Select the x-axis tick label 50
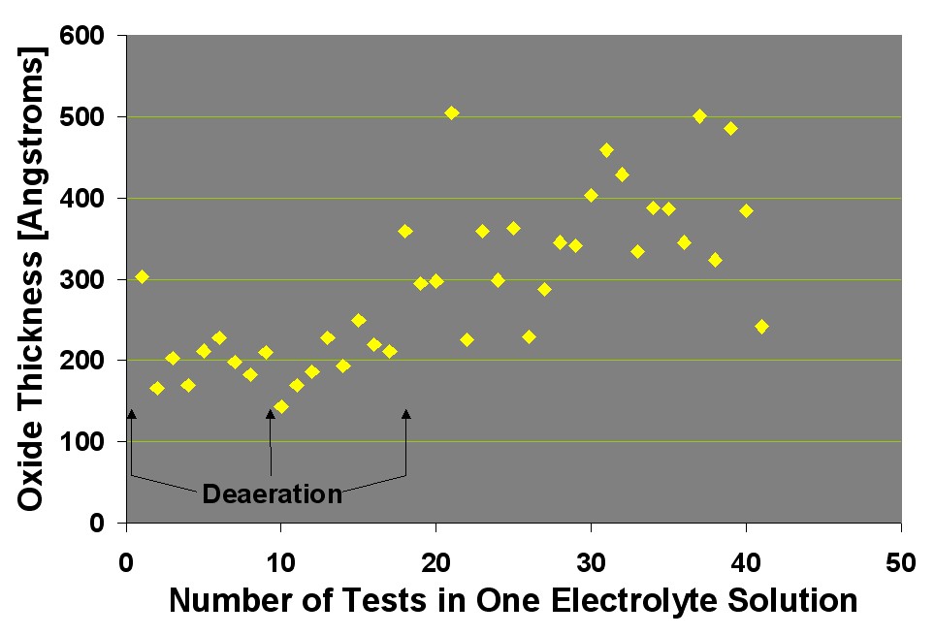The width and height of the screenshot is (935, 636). tap(901, 561)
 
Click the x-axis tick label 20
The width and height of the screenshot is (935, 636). tap(435, 561)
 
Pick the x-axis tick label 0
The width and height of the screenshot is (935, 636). tap(126, 561)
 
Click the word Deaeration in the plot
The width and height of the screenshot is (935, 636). tap(272, 494)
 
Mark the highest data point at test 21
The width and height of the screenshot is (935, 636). tap(451, 113)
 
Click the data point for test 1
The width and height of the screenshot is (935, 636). tap(142, 277)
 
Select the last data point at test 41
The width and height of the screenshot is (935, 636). tap(761, 327)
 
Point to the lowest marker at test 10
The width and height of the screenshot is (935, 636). tap(281, 407)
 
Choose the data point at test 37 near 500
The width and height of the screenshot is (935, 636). tap(699, 116)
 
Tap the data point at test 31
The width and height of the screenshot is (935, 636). tap(606, 150)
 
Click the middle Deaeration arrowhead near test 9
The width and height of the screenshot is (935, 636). tap(271, 414)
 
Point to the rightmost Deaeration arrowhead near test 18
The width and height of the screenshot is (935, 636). tap(406, 414)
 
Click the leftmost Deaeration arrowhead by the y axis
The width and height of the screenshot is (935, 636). tap(131, 414)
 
